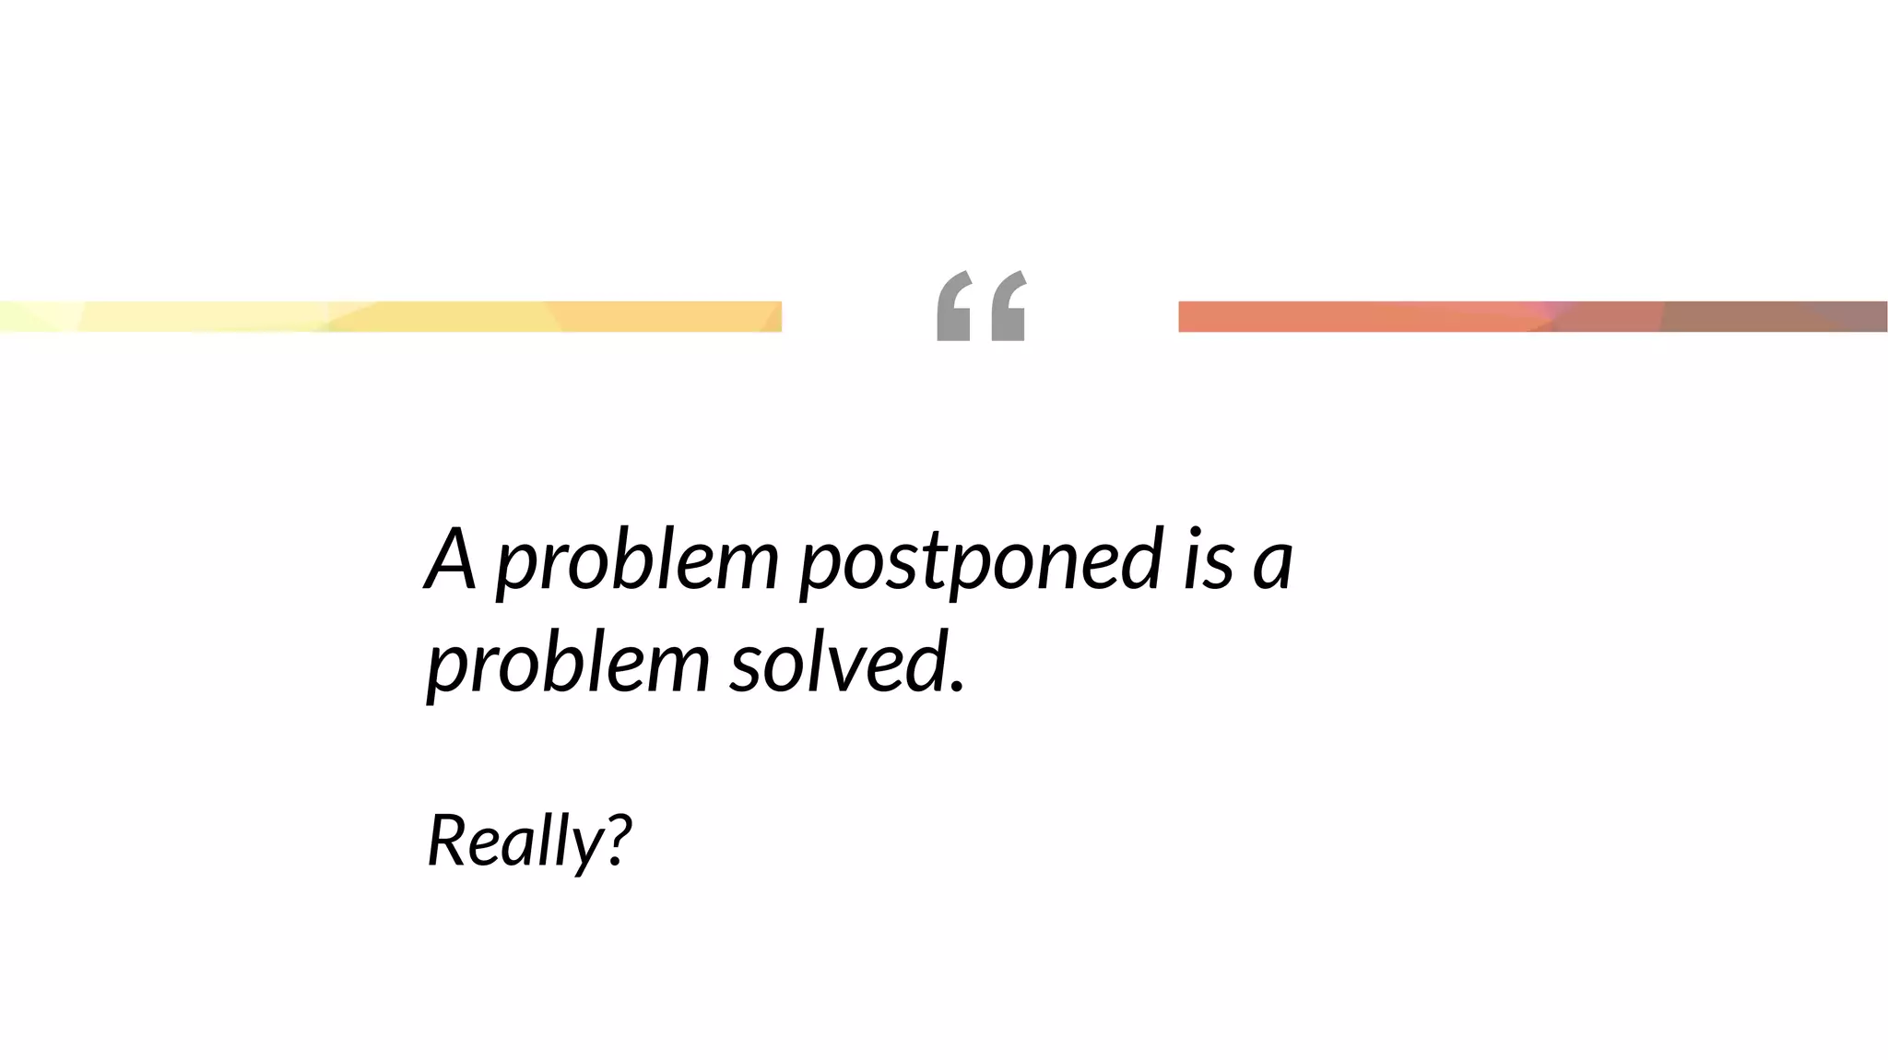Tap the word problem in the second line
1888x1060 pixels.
tap(568, 664)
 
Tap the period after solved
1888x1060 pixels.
tap(957, 686)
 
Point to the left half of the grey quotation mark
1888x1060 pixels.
tap(954, 306)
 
